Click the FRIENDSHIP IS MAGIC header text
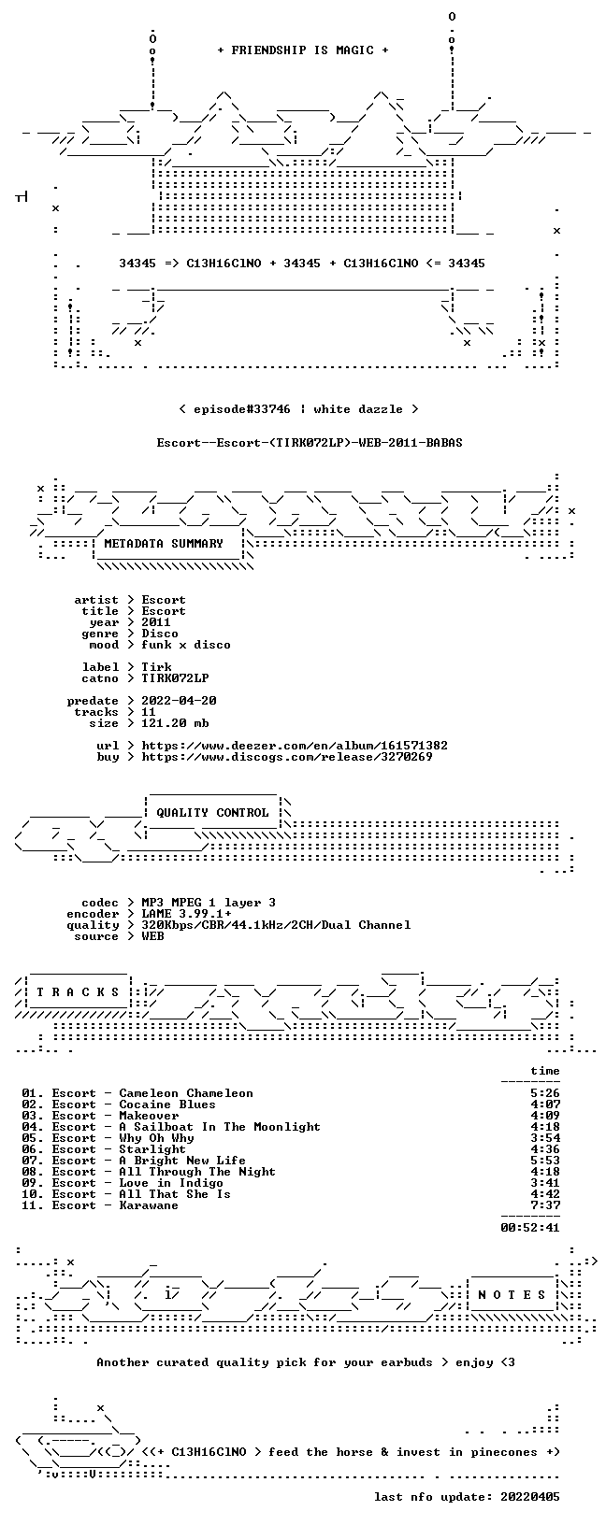coord(303,50)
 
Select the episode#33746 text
coord(242,409)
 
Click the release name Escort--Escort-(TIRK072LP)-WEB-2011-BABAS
coord(310,443)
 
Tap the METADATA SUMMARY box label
coord(164,543)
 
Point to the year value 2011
coord(156,622)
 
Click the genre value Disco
coord(160,634)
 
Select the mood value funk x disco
coord(185,645)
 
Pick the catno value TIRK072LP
coord(175,678)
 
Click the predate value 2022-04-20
coord(179,701)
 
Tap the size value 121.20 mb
coord(175,723)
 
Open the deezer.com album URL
coord(295,746)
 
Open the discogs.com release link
coord(287,756)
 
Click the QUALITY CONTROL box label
coord(212,812)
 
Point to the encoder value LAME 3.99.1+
coord(186,914)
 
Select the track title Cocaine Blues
coord(167,1105)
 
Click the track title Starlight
coord(152,1149)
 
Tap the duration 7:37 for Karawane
coord(545,1205)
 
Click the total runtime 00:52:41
coord(530,1228)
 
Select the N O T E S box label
coord(512,1295)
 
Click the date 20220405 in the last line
coord(530,1496)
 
